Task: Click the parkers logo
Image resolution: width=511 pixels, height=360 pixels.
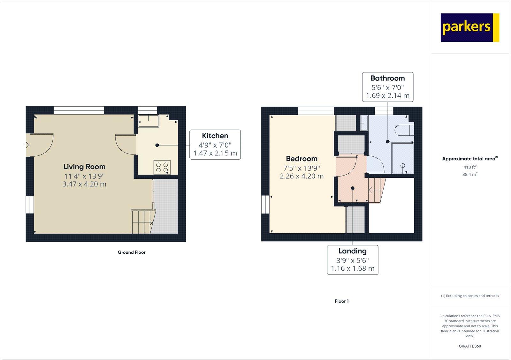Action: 469,27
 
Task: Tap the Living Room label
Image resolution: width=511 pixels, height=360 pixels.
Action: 84,167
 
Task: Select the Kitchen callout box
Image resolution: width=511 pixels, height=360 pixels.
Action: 215,144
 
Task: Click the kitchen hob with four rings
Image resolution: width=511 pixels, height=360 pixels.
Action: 162,168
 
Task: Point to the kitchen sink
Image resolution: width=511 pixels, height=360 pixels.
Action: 149,121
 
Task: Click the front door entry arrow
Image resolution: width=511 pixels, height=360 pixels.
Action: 27,145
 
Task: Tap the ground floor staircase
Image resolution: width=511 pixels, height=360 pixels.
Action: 142,221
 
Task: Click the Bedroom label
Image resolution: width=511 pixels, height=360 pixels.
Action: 301,159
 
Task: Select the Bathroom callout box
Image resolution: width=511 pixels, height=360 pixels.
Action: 387,87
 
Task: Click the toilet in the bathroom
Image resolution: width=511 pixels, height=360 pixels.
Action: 404,130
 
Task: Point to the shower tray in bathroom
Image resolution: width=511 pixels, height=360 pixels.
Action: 402,158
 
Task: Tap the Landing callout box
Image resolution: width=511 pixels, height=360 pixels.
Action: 353,260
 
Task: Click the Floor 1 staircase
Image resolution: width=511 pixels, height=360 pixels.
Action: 377,190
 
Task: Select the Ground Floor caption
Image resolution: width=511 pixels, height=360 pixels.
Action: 132,252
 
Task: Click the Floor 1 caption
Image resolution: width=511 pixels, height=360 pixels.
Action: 342,301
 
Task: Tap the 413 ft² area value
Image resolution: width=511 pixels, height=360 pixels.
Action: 470,167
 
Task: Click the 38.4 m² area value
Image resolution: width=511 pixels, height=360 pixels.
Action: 470,175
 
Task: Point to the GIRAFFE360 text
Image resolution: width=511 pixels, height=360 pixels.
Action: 470,346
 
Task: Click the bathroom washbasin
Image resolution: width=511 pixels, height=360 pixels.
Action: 364,123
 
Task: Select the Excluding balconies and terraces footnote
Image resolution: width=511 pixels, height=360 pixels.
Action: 470,296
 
